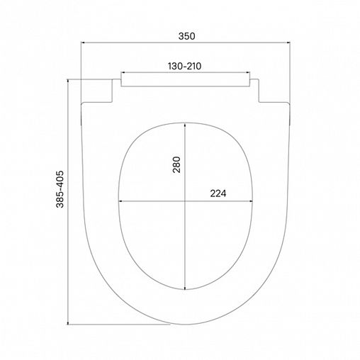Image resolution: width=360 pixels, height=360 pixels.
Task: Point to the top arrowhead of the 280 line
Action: click(186, 122)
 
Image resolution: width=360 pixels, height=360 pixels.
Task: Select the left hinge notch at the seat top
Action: click(99, 91)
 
